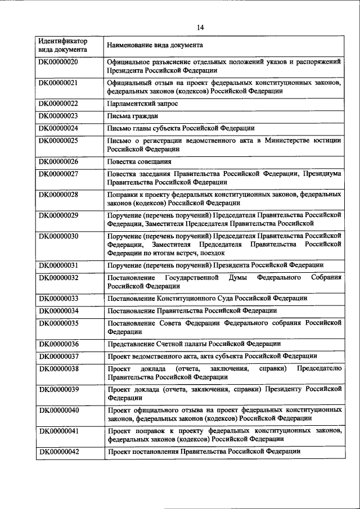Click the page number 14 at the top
point(200,27)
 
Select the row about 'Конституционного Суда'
point(206,298)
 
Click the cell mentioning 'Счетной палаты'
point(193,344)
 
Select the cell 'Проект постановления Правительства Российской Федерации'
point(204,452)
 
